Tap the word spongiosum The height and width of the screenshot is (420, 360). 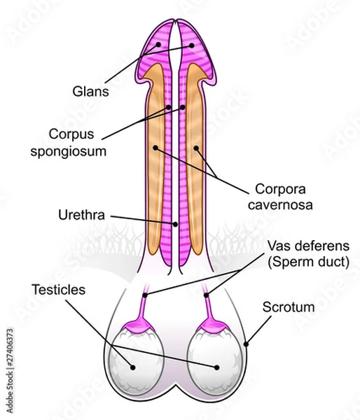pos(77,150)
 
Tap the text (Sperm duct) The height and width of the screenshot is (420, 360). pos(307,262)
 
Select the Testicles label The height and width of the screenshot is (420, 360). pos(57,288)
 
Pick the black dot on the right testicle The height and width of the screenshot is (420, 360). pos(216,366)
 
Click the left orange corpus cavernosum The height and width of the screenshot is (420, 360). pos(157,161)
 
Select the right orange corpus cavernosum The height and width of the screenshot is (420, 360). pos(198,161)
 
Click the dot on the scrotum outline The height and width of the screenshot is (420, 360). pos(247,344)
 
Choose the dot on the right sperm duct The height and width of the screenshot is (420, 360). pos(207,296)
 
